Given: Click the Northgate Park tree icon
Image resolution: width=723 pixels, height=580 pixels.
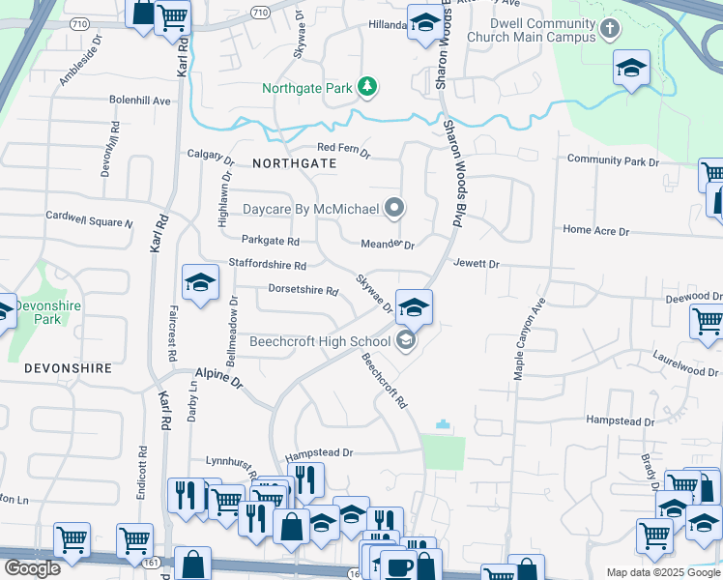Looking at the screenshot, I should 367,88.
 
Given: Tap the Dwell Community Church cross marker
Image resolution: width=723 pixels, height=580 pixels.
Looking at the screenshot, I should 609,29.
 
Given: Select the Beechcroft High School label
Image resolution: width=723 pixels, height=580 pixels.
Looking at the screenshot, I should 320,341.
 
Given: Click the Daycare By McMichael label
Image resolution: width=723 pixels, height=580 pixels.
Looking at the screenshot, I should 310,208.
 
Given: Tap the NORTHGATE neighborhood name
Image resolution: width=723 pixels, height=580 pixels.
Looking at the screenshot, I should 294,163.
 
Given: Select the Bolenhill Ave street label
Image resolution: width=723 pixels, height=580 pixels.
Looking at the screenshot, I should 139,100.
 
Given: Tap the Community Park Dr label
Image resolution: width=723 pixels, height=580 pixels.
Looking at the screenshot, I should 612,160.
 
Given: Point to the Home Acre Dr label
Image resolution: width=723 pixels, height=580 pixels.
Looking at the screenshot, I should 595,231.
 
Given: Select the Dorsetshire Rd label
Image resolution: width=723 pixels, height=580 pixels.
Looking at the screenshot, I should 303,290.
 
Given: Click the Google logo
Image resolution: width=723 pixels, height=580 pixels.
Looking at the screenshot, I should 31,568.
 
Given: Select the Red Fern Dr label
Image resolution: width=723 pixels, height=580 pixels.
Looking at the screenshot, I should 344,148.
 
